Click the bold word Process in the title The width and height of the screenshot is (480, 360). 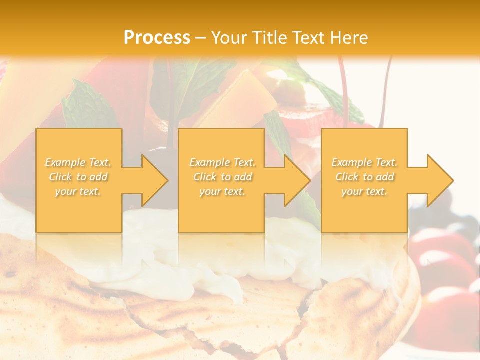(x=157, y=38)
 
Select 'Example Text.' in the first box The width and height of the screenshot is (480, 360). (x=78, y=162)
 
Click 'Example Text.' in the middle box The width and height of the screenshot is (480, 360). (x=222, y=162)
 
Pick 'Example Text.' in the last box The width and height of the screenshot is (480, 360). (x=364, y=162)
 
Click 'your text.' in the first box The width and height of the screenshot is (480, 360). (x=78, y=191)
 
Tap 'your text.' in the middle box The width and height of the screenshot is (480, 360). (x=222, y=191)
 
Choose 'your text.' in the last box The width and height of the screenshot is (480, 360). (x=364, y=191)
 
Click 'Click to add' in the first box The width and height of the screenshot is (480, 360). (x=78, y=177)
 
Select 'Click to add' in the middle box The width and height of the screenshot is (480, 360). (x=222, y=177)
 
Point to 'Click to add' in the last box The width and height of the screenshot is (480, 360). (x=364, y=177)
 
